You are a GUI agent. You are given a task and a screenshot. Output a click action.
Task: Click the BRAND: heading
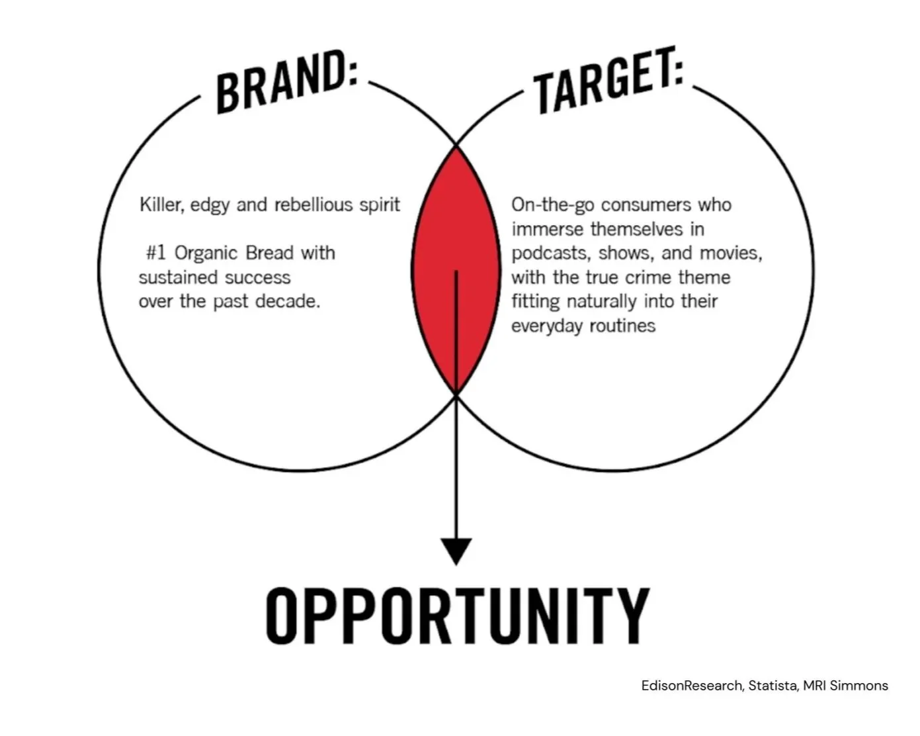286,83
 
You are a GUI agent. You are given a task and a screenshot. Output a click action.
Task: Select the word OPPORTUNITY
458,616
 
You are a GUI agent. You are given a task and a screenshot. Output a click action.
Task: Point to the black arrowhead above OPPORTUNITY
456,550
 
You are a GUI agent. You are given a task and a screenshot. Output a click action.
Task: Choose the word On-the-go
553,205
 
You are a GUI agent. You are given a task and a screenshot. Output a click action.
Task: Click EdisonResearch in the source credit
692,686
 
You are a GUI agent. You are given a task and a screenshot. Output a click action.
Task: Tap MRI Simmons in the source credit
845,686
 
